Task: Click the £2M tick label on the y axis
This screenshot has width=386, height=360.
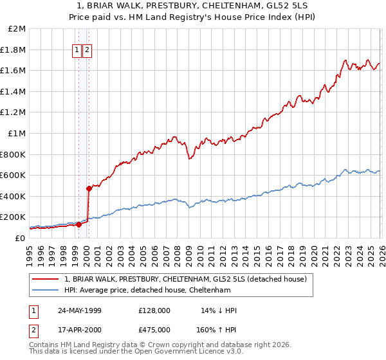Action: [17, 29]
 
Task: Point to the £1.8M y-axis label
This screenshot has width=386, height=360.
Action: [14, 50]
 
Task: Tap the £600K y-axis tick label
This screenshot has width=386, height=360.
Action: [14, 175]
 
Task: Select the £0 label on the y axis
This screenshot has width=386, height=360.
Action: [21, 238]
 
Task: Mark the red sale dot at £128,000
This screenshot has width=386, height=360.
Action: [78, 224]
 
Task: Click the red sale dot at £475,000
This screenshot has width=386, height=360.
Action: [89, 188]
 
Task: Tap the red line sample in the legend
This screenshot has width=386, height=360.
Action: [46, 279]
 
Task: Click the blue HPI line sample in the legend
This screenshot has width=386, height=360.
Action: [46, 290]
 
